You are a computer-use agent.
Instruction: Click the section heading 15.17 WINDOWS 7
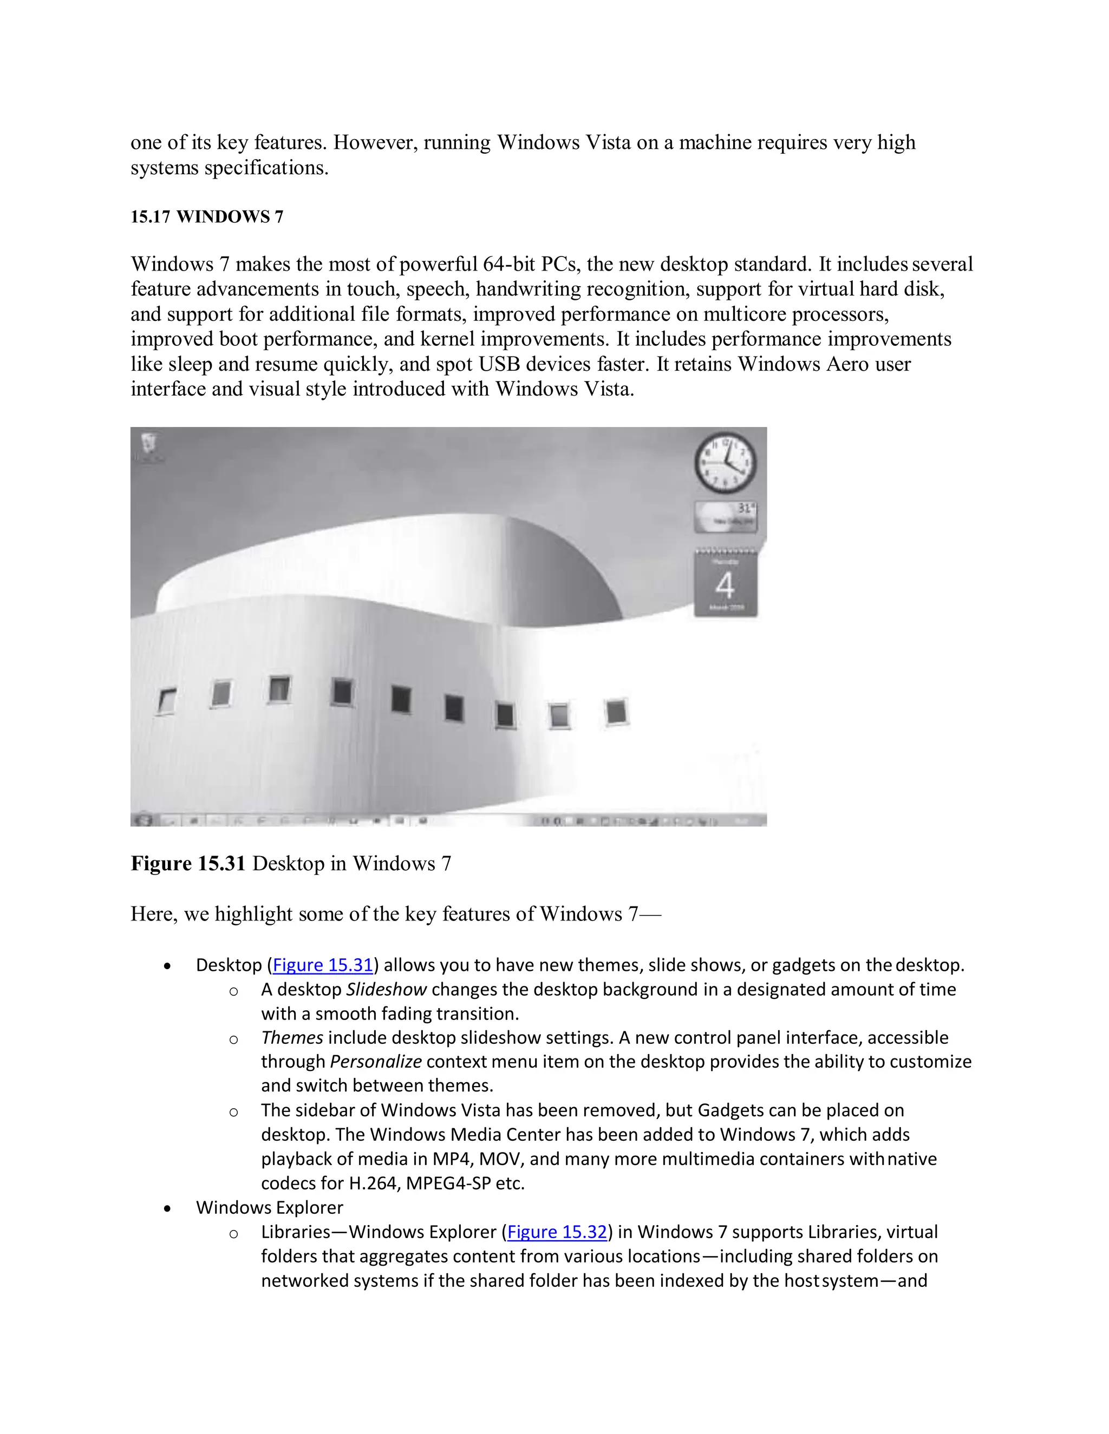tap(207, 218)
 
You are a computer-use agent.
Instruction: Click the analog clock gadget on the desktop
tap(725, 462)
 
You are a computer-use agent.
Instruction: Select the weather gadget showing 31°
tap(725, 517)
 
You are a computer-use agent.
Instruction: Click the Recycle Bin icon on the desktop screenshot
tap(149, 444)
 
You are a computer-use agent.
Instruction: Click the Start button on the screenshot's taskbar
tap(142, 819)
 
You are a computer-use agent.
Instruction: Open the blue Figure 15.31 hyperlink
tap(323, 965)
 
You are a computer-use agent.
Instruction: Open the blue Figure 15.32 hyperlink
tap(557, 1232)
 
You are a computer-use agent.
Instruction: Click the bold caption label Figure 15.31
tap(188, 864)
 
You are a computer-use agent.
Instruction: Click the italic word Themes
tap(292, 1038)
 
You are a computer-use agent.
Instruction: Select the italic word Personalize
tap(375, 1062)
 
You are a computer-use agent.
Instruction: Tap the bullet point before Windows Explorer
tap(168, 1208)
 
